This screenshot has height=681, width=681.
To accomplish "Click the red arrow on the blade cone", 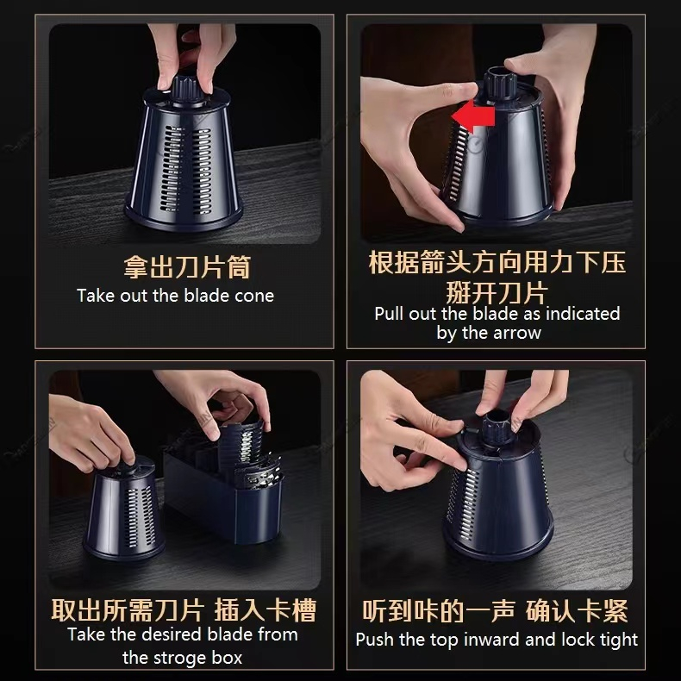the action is [x=472, y=116].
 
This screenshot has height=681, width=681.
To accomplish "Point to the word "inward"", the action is [x=492, y=640].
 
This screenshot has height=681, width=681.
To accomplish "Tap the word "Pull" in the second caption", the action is [x=389, y=313].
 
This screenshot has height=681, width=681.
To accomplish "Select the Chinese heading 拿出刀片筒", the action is [x=187, y=266].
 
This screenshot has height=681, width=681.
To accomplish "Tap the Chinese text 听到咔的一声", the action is [x=438, y=610].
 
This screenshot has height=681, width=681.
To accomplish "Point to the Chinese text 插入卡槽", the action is [x=265, y=610].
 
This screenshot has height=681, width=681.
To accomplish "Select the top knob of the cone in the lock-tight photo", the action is [x=497, y=428].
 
